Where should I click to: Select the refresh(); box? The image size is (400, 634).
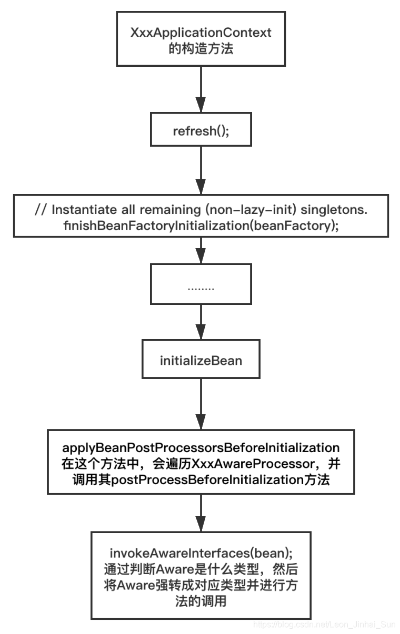coord(201,130)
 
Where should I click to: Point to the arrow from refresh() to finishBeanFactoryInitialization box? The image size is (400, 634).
coord(201,170)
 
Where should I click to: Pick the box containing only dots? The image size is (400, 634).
coord(201,289)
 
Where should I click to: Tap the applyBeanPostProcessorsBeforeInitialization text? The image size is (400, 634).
coord(201,448)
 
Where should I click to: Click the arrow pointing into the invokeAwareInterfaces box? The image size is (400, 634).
coord(201,512)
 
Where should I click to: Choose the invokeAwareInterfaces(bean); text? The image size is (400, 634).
coord(201,553)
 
